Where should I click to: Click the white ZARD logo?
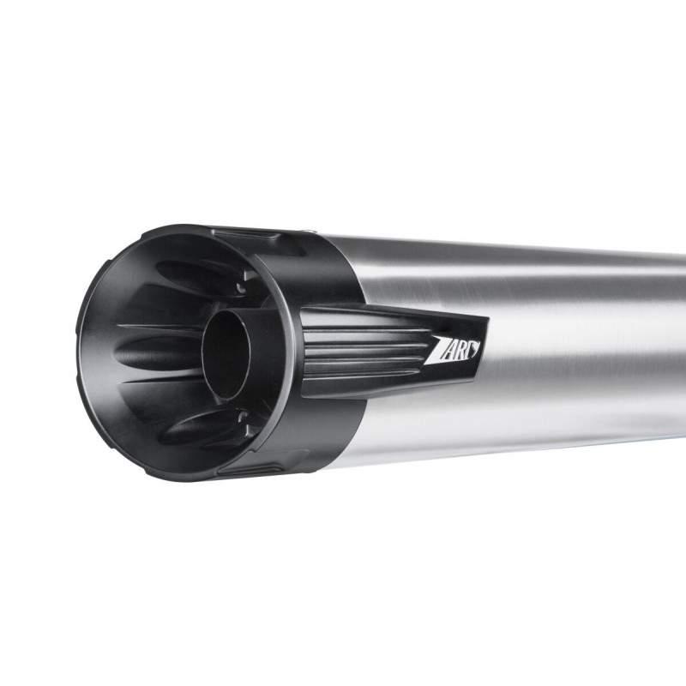click(452, 350)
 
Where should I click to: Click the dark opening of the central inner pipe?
click(226, 354)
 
